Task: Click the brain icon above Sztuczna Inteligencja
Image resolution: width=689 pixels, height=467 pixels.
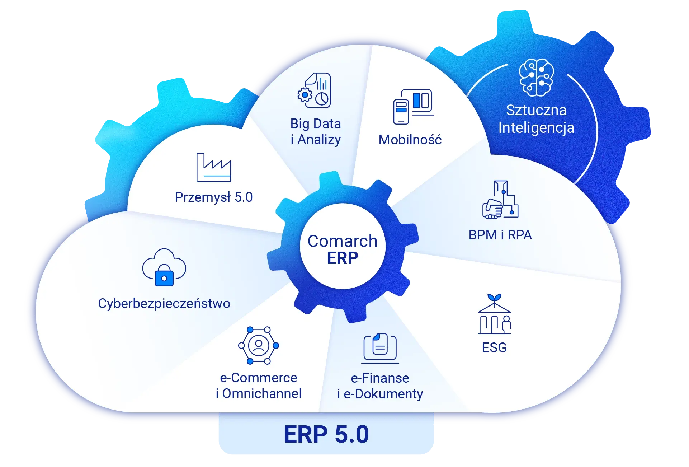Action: [536, 78]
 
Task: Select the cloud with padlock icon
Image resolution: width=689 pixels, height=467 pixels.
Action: [164, 267]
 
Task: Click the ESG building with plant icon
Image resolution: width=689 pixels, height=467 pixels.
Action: [494, 314]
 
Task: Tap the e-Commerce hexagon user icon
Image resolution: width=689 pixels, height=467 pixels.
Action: [259, 345]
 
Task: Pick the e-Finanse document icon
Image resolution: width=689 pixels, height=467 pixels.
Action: [380, 347]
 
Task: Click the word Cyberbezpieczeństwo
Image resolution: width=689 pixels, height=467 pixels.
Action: [164, 304]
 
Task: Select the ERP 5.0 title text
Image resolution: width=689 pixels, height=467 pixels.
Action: [326, 434]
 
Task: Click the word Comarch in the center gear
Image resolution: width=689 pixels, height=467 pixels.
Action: [343, 241]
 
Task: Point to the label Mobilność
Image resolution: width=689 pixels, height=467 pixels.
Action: [410, 140]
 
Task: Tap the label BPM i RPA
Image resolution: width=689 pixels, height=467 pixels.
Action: [500, 235]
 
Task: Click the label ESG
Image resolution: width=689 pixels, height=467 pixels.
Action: [494, 347]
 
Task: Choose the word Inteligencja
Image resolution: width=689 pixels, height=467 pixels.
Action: [536, 128]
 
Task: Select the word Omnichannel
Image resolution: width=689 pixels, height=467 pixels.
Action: [262, 394]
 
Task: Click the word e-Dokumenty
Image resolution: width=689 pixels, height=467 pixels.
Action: [383, 394]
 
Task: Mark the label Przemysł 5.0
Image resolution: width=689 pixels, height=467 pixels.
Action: [214, 197]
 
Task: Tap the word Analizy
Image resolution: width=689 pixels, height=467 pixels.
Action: [319, 140]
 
